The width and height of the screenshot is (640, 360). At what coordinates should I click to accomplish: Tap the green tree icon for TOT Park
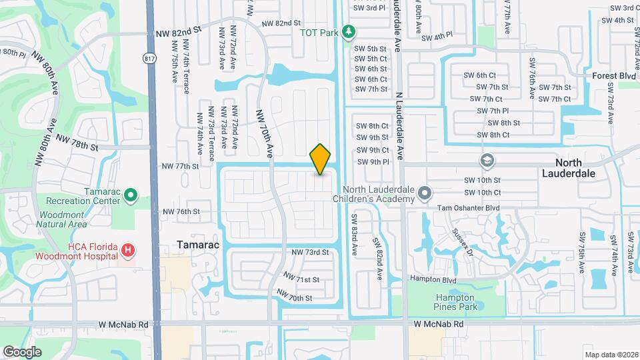pyautogui.click(x=347, y=31)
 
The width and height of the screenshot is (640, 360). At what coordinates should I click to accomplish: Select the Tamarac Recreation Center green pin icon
pyautogui.click(x=131, y=195)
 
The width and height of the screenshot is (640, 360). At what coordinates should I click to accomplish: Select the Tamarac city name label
pyautogui.click(x=197, y=245)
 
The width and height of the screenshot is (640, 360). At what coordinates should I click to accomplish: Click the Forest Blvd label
pyautogui.click(x=613, y=76)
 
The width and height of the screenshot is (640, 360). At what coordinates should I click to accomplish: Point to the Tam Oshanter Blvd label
pyautogui.click(x=467, y=208)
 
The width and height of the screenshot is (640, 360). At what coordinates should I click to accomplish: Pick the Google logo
pyautogui.click(x=22, y=351)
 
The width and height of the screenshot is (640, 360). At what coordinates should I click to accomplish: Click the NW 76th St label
pyautogui.click(x=181, y=211)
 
